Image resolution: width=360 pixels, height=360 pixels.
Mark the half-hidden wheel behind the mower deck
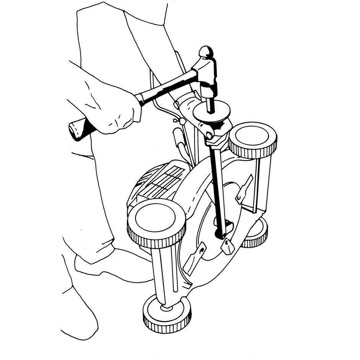click(256, 233)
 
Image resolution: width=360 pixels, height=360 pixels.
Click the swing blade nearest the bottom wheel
click(195, 258)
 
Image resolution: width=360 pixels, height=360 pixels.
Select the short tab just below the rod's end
click(228, 246)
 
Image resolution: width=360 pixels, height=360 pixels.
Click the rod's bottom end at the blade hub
click(222, 231)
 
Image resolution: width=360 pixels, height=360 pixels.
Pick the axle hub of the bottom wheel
click(166, 307)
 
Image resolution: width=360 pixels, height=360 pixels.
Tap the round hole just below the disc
click(208, 135)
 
